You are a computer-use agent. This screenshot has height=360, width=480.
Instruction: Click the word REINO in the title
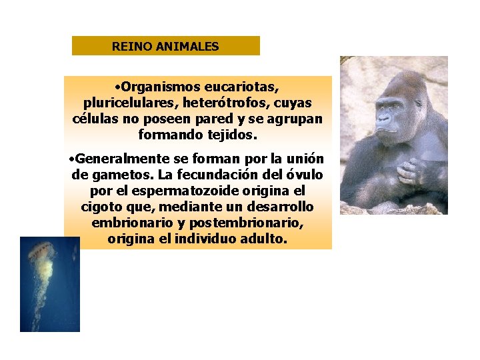click(127, 47)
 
